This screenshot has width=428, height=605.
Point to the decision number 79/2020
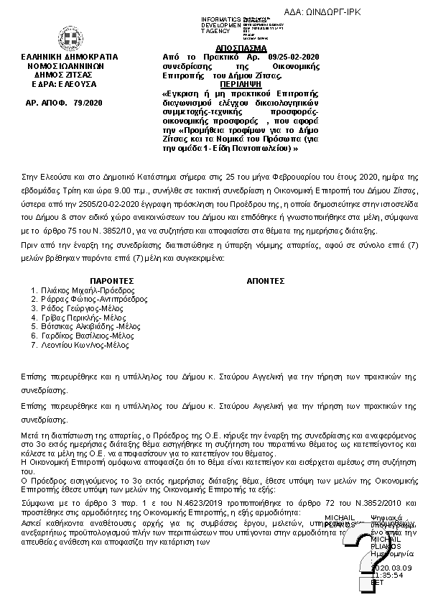point(88,103)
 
